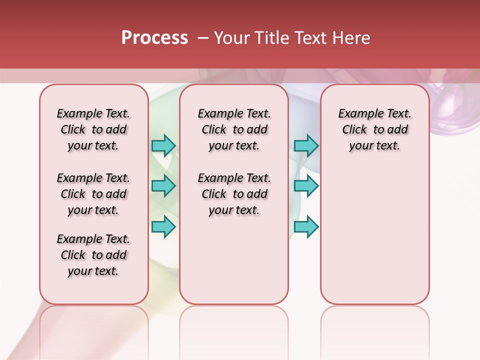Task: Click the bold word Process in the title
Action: [154, 38]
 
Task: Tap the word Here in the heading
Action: [352, 38]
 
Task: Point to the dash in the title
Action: [203, 38]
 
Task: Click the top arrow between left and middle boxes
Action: [163, 145]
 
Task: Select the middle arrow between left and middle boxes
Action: [163, 186]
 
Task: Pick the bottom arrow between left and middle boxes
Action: [163, 226]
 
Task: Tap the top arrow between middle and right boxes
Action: [306, 145]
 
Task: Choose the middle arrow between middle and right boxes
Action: [306, 186]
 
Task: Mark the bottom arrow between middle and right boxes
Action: [306, 226]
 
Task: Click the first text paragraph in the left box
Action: [93, 129]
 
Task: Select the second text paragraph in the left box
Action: [93, 194]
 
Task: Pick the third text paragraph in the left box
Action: [93, 255]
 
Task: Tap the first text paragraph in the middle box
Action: [234, 129]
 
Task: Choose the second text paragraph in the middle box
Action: [234, 194]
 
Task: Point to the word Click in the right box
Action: [354, 130]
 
